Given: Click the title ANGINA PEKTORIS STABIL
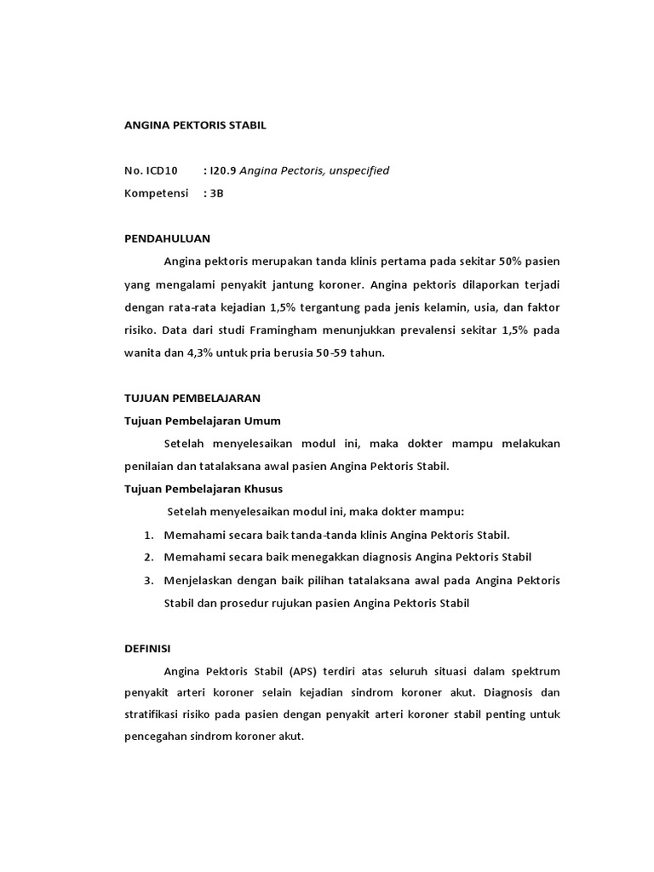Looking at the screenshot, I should [195, 125].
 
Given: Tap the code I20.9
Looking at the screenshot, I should [223, 170].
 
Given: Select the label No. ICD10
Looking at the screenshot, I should [151, 170].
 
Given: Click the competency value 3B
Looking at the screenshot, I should [215, 193].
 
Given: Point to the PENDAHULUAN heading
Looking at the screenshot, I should [167, 238].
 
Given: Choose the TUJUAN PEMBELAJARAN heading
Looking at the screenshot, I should [192, 398].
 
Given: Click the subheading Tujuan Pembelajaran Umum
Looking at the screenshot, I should [203, 421].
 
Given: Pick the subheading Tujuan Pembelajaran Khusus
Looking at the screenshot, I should [204, 489].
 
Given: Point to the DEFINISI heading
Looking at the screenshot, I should [147, 649].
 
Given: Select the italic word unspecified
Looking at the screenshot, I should [357, 170].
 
